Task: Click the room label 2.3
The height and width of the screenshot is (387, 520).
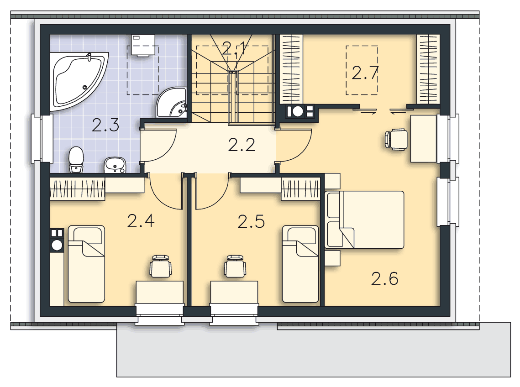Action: click(105, 126)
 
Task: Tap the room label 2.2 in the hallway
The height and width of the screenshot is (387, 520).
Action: click(242, 145)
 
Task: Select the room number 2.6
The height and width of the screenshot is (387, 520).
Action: click(385, 278)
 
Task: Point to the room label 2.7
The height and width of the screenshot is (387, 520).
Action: click(365, 73)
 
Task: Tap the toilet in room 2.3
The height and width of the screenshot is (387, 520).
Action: click(76, 160)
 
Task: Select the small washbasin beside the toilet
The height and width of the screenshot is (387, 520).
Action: click(115, 165)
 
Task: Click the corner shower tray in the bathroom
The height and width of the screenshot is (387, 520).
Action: click(172, 103)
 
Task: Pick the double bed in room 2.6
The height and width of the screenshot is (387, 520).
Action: click(364, 220)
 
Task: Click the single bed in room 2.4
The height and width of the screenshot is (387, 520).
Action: click(87, 264)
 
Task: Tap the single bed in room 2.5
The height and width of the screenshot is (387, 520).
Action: click(300, 264)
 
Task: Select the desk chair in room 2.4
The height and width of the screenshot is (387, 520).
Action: click(161, 266)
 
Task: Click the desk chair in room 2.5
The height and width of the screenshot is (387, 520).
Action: click(235, 266)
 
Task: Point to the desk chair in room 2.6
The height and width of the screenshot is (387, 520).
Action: click(396, 140)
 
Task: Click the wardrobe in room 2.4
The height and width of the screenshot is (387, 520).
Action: click(78, 189)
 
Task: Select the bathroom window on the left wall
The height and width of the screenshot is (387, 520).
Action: click(42, 139)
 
